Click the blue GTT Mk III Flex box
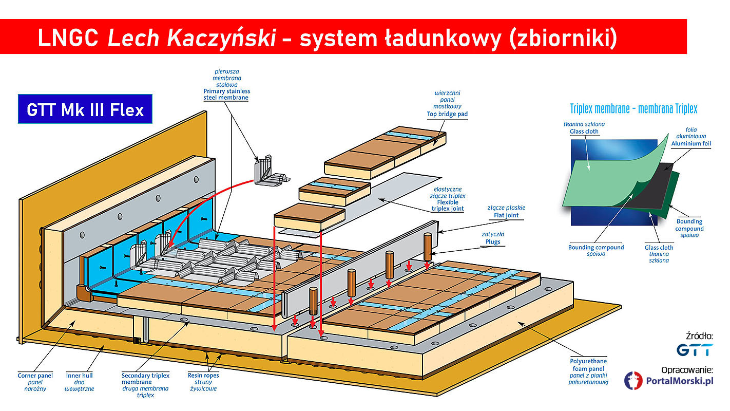pyautogui.click(x=85, y=109)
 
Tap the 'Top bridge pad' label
pyautogui.click(x=447, y=114)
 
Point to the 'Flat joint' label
pyautogui.click(x=506, y=215)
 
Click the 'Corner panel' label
pyautogui.click(x=35, y=376)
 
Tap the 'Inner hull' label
pyautogui.click(x=80, y=376)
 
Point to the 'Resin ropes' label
pyautogui.click(x=203, y=376)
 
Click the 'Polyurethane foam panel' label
pyautogui.click(x=589, y=365)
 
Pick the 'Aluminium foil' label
pyautogui.click(x=691, y=144)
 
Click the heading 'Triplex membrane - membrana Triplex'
pyautogui.click(x=633, y=109)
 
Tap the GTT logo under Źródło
pyautogui.click(x=694, y=350)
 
